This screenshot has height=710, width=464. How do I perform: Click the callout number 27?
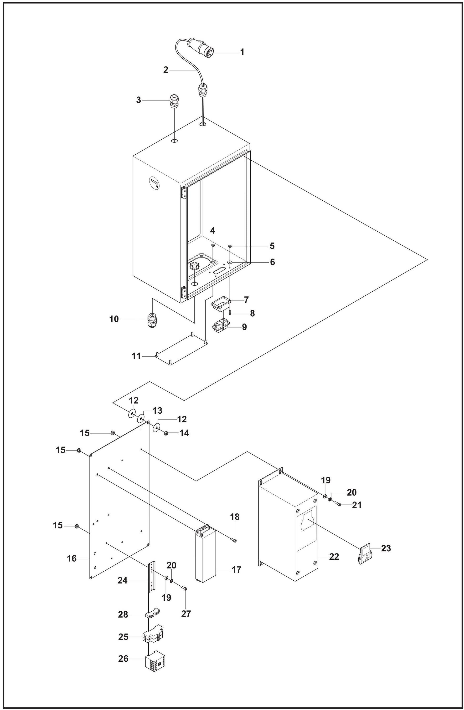[186, 614]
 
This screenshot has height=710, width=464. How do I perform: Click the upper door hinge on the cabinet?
[184, 193]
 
